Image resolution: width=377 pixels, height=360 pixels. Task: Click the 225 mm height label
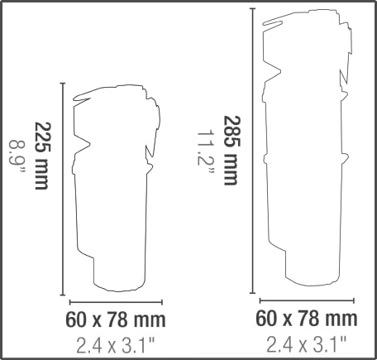coord(43,156)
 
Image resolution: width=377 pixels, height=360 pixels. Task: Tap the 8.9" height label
coord(17,156)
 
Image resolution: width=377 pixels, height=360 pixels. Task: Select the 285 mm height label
coord(232,151)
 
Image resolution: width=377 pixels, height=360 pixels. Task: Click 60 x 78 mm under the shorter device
coord(116,319)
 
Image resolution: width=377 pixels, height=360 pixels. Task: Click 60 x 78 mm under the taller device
coord(307,319)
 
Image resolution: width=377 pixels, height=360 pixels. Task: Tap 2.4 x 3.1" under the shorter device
coord(115,346)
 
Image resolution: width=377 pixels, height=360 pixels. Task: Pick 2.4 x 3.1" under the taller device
coord(306,344)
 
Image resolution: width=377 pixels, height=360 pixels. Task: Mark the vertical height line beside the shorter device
coord(63,189)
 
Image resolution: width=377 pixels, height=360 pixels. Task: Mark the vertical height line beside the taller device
coord(252,151)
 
